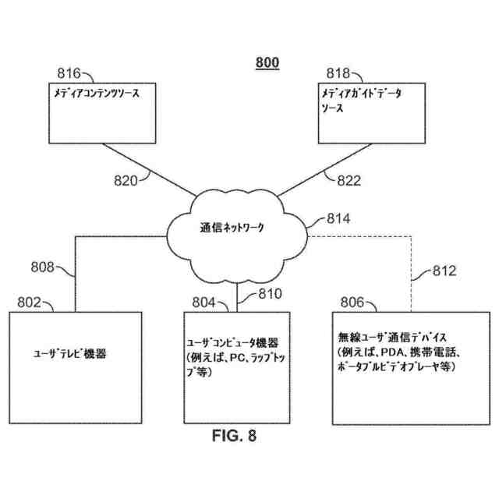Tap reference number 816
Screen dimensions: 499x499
coord(69,74)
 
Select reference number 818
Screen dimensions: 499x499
coord(338,74)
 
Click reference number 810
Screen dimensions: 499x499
coord(260,295)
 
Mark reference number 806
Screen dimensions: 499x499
coord(351,301)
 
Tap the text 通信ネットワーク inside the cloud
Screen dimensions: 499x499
coord(232,228)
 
